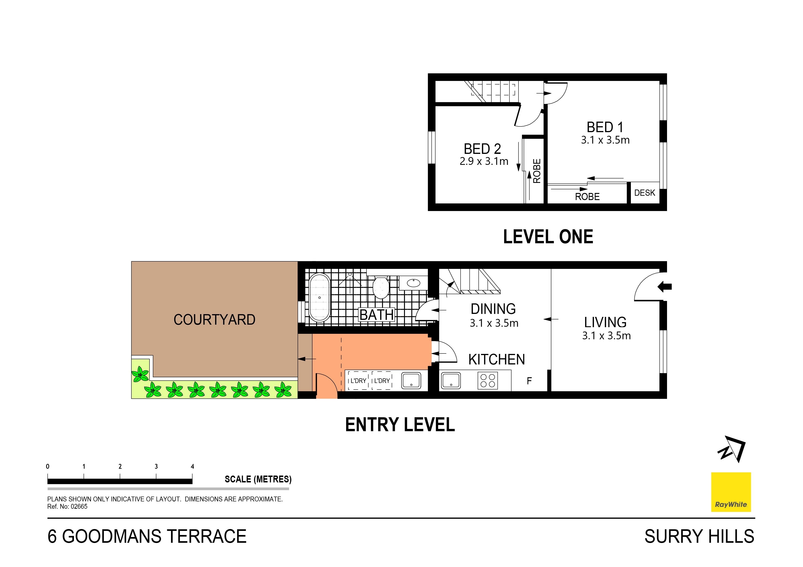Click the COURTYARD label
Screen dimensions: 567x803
214,320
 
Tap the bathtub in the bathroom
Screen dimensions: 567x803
319,298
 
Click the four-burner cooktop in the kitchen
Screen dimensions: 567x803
488,380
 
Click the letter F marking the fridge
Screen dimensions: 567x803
529,381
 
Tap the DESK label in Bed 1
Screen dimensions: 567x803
645,193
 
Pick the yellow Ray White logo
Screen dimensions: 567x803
731,492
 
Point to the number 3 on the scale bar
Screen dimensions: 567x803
156,466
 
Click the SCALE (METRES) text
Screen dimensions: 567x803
258,479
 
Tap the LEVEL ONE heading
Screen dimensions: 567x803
548,237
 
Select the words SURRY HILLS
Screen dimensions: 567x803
699,537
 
